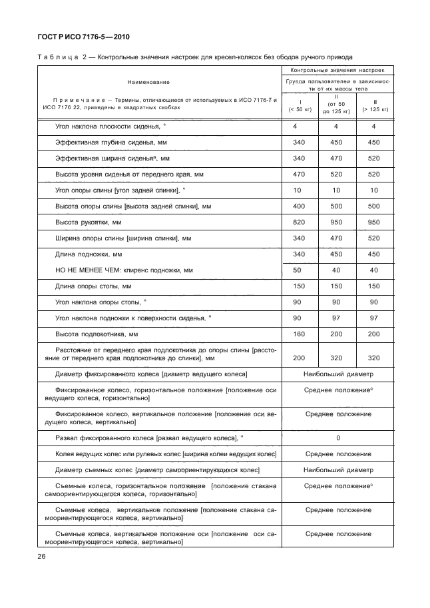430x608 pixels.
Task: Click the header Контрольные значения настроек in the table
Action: (x=338, y=69)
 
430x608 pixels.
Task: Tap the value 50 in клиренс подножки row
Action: (x=298, y=270)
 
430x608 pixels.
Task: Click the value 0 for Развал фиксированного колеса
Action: (x=338, y=438)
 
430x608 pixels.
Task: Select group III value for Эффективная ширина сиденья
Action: (x=373, y=158)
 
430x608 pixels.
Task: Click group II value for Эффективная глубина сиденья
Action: (x=336, y=142)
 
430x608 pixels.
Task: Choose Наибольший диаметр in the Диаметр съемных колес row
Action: (x=338, y=469)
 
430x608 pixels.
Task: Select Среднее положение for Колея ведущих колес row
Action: (x=338, y=454)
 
